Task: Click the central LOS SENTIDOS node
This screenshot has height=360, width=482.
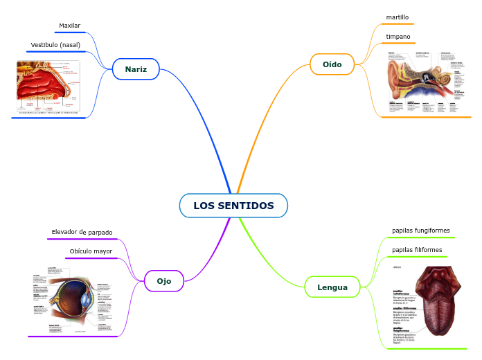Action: [233, 206]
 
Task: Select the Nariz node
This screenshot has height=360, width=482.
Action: [136, 69]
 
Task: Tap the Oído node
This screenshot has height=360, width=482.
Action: [332, 64]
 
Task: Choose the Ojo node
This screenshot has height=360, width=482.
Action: [164, 281]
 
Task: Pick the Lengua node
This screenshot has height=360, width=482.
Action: [332, 287]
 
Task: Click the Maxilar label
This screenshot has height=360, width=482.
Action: [69, 26]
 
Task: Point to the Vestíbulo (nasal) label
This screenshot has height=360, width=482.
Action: [55, 45]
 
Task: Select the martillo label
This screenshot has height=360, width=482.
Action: [398, 17]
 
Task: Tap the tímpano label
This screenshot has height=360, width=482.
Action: [398, 36]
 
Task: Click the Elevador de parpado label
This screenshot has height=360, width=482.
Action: [82, 232]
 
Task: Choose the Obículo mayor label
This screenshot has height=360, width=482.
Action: [91, 251]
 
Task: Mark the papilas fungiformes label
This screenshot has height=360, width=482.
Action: [420, 230]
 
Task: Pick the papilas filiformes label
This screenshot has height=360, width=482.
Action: [416, 249]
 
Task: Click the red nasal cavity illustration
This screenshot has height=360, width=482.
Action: [48, 87]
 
